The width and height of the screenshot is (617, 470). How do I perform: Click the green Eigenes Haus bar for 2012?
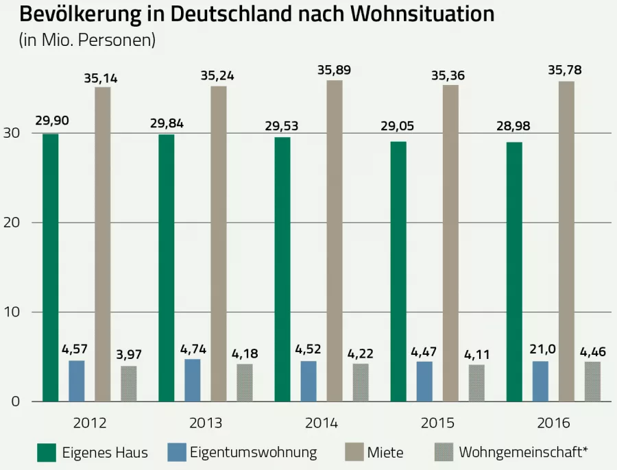coord(50,267)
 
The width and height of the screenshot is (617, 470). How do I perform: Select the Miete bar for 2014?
coord(335,240)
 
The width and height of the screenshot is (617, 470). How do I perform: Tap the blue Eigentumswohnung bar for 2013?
coord(193,380)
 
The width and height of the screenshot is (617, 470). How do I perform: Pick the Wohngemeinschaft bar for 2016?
coord(592,382)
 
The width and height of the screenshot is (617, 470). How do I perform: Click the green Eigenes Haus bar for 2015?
coord(398,271)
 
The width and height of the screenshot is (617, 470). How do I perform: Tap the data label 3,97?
coord(128,355)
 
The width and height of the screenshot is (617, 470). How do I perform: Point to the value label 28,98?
coord(514,126)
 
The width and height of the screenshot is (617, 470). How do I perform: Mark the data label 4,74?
coord(193,349)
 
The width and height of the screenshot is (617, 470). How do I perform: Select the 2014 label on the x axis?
coord(322,423)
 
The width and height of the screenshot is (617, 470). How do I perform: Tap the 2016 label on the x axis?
coord(553,423)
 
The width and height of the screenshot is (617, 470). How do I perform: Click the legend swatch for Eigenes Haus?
coord(46,452)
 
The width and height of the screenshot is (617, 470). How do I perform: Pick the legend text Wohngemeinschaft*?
coord(524,452)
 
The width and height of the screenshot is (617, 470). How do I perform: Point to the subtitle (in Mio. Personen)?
coord(87,40)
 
